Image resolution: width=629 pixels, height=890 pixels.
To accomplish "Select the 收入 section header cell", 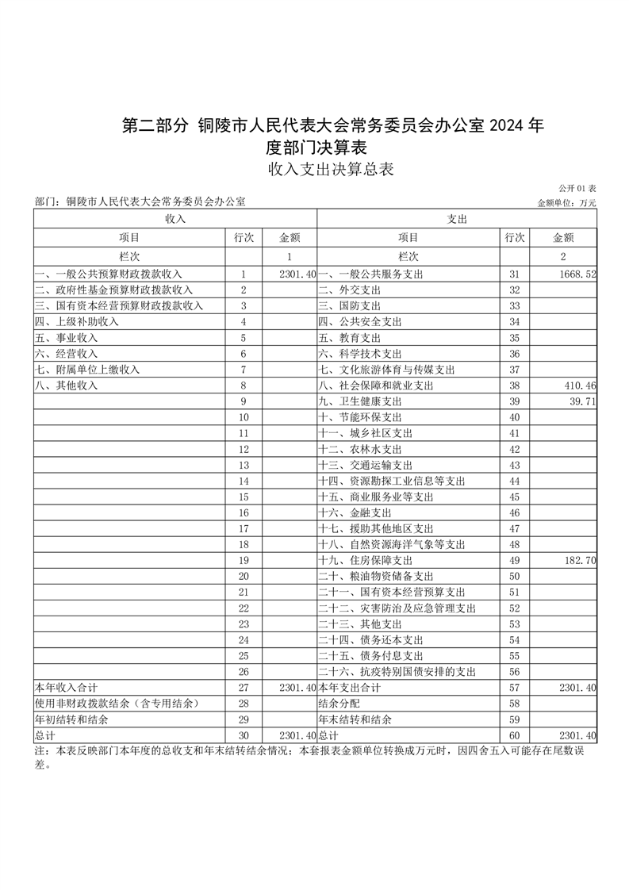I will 175,218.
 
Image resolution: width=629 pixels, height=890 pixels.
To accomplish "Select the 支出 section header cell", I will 457,218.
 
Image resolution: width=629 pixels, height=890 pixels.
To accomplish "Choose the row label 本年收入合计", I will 66,687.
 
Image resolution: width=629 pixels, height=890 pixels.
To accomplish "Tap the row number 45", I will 514,497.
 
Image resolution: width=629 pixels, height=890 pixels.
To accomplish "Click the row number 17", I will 244,528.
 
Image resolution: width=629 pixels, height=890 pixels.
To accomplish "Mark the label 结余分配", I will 339,704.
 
